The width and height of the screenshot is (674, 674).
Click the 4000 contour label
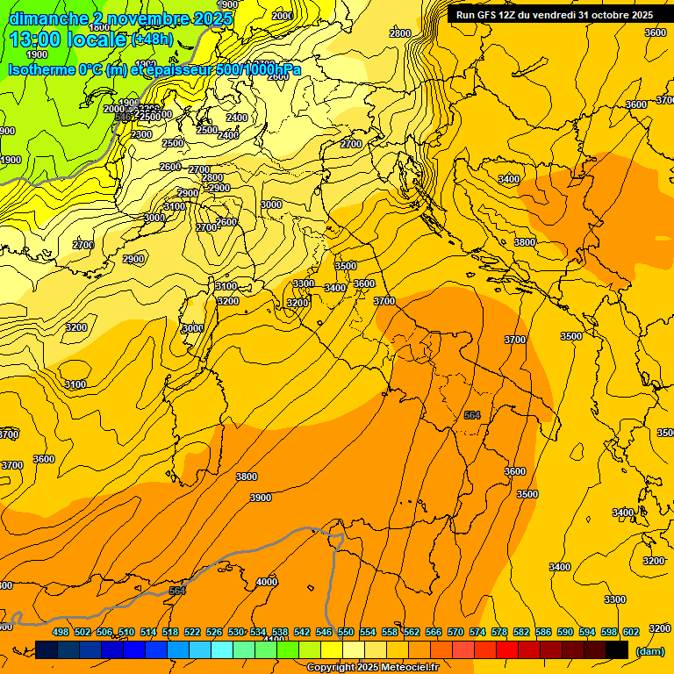[267, 582]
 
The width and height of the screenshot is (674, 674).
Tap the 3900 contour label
[261, 498]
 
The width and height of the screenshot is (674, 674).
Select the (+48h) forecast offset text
[152, 39]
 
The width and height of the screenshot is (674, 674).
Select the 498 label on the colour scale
[61, 632]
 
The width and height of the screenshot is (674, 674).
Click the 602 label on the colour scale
[631, 632]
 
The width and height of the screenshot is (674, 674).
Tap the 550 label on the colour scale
[346, 632]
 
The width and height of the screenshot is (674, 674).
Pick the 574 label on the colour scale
[477, 632]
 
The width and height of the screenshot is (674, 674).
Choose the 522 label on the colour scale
[192, 632]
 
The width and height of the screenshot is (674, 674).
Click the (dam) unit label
[650, 650]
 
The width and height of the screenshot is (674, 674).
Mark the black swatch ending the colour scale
[618, 649]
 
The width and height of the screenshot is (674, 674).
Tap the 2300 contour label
[141, 134]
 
